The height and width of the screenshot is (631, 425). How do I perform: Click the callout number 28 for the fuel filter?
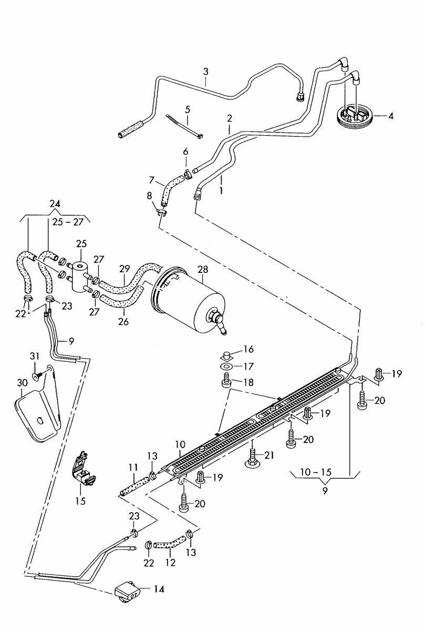(x=203, y=270)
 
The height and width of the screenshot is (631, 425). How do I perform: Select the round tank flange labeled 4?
(x=355, y=116)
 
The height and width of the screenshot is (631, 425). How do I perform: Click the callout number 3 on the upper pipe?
(x=206, y=72)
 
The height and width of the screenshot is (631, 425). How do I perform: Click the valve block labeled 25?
(x=80, y=276)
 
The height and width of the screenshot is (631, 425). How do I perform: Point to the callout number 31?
(x=35, y=357)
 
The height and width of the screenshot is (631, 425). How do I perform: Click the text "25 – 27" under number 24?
(x=68, y=222)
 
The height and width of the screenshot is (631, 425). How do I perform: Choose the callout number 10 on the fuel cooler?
(x=180, y=445)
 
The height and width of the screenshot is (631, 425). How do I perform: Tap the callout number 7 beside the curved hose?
(x=152, y=179)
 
